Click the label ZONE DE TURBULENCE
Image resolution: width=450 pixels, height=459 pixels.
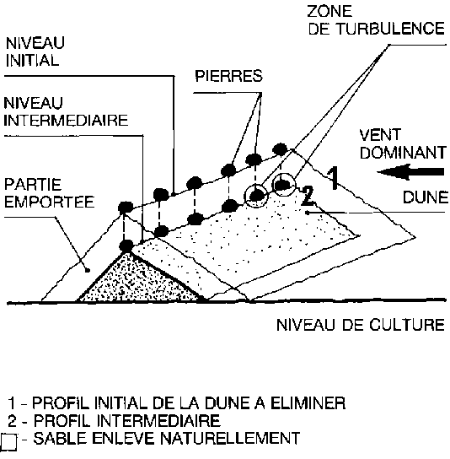(376, 20)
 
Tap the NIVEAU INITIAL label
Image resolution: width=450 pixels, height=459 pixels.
(35, 51)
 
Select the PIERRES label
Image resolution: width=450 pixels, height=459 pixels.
(228, 76)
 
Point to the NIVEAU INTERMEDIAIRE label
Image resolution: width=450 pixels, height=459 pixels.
(66, 111)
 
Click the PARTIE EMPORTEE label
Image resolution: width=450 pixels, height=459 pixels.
(49, 193)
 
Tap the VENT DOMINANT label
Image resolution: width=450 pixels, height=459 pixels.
(403, 144)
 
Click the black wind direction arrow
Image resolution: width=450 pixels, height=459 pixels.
(410, 172)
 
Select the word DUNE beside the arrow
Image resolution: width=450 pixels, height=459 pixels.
(426, 197)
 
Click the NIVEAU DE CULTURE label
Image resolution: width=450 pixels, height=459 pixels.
(361, 325)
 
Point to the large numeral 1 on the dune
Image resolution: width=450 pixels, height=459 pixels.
(333, 178)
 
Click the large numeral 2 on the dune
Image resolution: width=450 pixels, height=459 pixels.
(308, 195)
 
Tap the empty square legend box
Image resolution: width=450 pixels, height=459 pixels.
(8, 442)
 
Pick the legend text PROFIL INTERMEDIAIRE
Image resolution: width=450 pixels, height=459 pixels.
(127, 421)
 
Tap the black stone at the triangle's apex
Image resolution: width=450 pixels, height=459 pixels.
(127, 246)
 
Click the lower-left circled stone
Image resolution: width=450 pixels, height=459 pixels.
(256, 196)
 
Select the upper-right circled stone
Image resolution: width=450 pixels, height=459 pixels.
(283, 185)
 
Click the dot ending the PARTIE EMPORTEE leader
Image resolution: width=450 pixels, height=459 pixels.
(87, 271)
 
